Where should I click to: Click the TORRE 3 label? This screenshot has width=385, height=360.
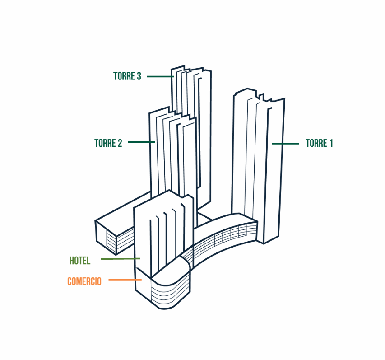click(127, 76)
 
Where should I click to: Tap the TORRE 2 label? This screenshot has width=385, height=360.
click(108, 143)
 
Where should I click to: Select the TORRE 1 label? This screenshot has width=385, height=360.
click(319, 143)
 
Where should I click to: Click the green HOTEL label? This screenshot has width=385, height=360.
click(80, 261)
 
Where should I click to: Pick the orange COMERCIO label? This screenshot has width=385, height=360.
click(84, 281)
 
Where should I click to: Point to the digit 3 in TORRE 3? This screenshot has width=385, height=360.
click(139, 76)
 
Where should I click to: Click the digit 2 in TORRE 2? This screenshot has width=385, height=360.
click(120, 143)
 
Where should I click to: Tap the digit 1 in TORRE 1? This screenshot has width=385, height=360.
click(331, 143)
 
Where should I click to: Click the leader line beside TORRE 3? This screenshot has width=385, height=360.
click(160, 76)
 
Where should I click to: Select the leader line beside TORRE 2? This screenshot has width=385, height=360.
click(141, 142)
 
